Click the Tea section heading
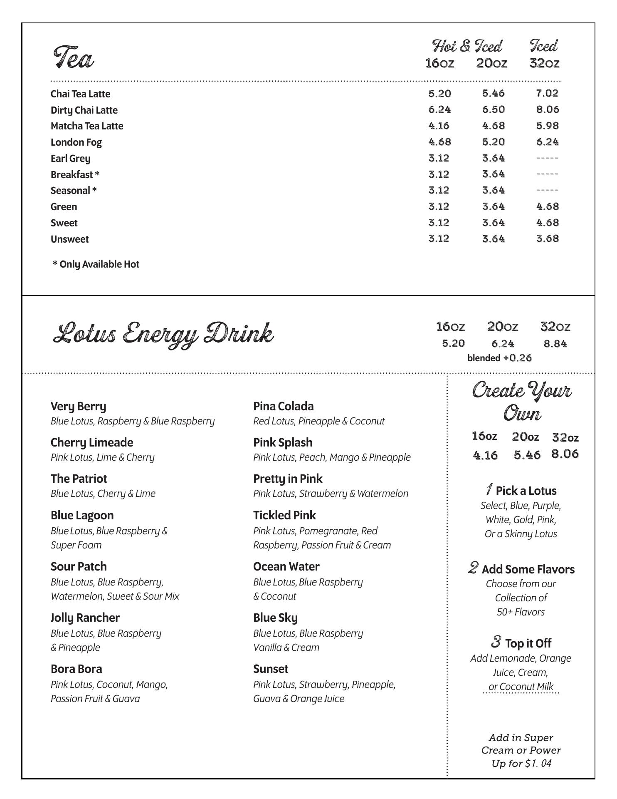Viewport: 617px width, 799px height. pos(74,57)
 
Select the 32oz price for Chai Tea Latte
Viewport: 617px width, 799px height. pos(547,93)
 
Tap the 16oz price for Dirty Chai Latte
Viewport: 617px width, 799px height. pos(439,109)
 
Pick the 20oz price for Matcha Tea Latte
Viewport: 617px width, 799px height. pos(494,126)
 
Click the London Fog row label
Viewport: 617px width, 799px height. pos(76,142)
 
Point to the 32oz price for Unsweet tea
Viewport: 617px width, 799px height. pos(547,238)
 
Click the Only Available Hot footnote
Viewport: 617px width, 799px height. pos(96,264)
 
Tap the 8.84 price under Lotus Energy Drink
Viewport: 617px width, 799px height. pos(555,344)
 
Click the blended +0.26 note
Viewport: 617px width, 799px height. pos(499,358)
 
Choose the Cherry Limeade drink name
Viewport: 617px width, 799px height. pos(92,442)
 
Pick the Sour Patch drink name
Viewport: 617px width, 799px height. pos(79,566)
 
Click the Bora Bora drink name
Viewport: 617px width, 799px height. pos(77,669)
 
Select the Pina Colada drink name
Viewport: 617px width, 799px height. pos(284,406)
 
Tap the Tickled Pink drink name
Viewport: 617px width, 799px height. pos(284,515)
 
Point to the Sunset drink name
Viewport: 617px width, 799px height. pos(271,669)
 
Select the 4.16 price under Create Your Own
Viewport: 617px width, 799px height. pos(485,455)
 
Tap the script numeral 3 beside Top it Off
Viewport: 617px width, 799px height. pos(496,642)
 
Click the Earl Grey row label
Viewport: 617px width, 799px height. pos(70,159)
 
